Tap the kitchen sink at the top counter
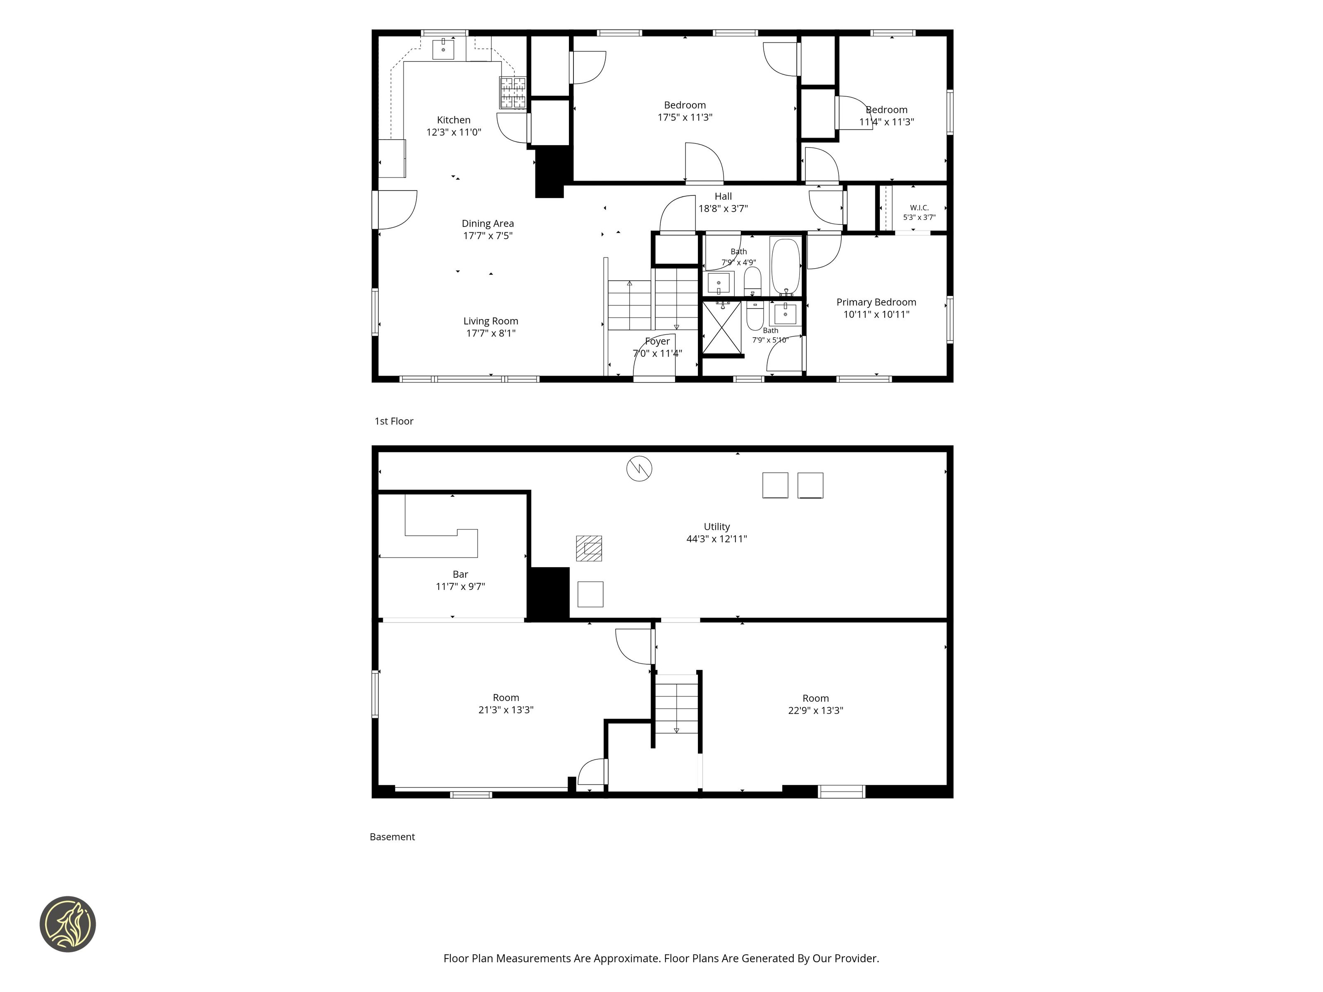443,48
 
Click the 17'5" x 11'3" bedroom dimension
685,117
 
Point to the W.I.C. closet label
919,208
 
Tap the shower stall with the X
721,328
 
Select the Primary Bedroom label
876,303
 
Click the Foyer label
657,341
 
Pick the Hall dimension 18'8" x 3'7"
723,209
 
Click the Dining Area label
487,224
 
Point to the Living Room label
490,322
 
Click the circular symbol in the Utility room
639,469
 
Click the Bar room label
460,575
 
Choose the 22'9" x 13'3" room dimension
815,711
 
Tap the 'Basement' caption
392,837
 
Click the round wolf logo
67,924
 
